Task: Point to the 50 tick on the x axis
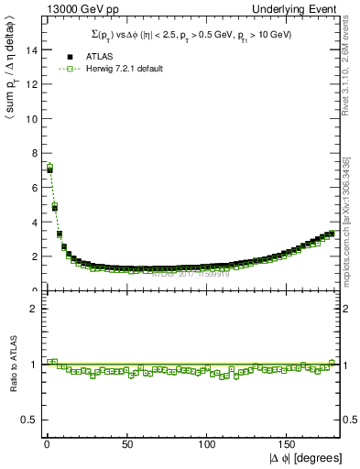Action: [127, 444]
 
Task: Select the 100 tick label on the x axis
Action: [207, 444]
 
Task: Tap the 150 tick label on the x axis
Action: [288, 444]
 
